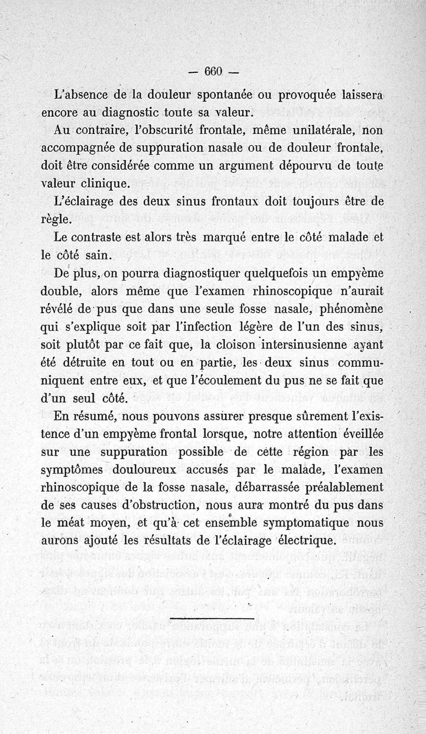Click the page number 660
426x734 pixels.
click(x=212, y=72)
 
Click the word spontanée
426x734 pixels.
click(x=225, y=96)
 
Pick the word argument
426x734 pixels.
click(x=246, y=165)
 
